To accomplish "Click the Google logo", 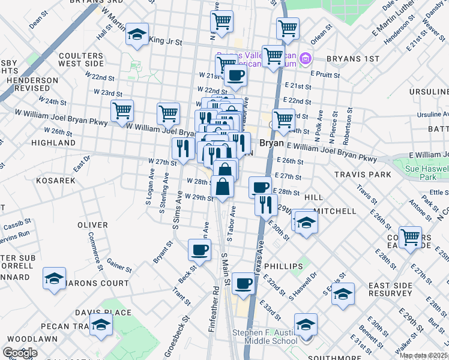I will click(20, 353).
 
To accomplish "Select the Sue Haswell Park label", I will click(427, 173).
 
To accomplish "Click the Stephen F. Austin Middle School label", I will click(270, 336).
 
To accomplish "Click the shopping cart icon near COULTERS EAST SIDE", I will click(411, 236).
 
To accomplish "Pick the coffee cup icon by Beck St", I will click(199, 249).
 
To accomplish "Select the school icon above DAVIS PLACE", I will click(54, 278).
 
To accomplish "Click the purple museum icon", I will click(306, 58).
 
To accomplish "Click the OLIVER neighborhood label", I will click(92, 225).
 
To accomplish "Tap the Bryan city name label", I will click(271, 144).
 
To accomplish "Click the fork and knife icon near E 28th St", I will click(265, 205).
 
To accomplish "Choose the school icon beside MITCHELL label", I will click(306, 221).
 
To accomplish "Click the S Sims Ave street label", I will click(178, 210).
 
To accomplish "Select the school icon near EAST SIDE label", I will click(343, 294).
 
